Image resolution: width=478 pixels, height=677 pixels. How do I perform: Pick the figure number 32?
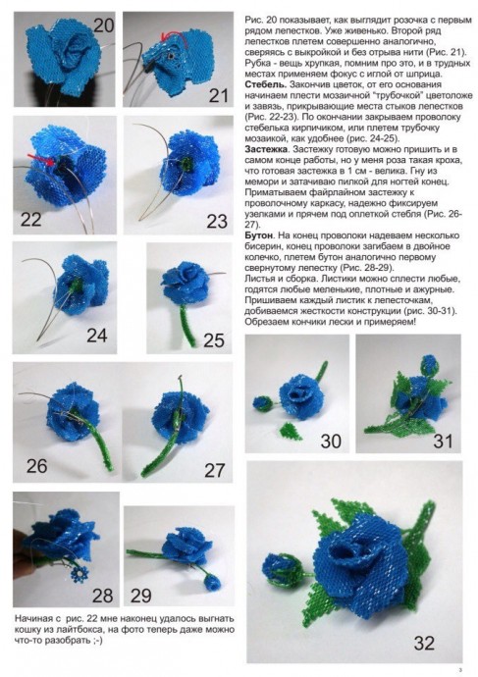[x=424, y=643]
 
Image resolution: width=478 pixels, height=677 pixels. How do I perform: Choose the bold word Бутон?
[x=258, y=238]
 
